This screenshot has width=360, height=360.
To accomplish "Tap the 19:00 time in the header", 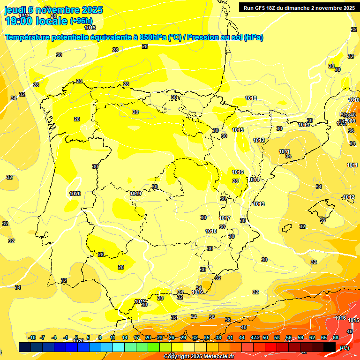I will [x=18, y=21].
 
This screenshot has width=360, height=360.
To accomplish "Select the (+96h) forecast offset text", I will [x=81, y=21].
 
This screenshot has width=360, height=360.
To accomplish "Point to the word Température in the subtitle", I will [x=29, y=37].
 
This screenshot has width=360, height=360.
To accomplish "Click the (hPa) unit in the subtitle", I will [x=253, y=37].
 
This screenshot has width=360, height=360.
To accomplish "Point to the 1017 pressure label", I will [x=225, y=218].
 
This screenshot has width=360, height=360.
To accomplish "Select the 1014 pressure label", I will [x=254, y=180].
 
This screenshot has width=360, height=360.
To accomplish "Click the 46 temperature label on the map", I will [x=349, y=331].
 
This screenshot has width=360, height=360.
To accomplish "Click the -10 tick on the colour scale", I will [x=32, y=337].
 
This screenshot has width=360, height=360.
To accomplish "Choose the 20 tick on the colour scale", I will [x=148, y=337].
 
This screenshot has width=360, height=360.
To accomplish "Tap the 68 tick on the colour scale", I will [x=336, y=337].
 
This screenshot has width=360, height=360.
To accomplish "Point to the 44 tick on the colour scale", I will [x=242, y=337].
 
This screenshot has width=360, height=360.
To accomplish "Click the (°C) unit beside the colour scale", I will [x=345, y=348].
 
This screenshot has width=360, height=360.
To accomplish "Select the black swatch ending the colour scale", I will [x=330, y=347].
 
